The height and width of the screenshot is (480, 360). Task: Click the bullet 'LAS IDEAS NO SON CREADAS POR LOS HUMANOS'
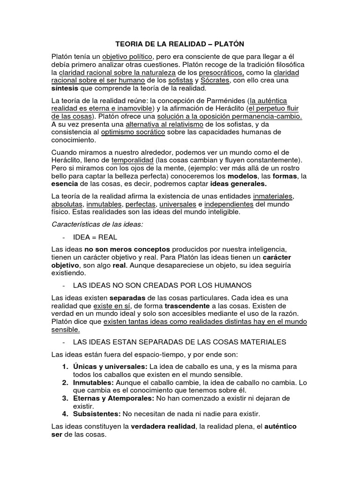pos(163,285)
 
